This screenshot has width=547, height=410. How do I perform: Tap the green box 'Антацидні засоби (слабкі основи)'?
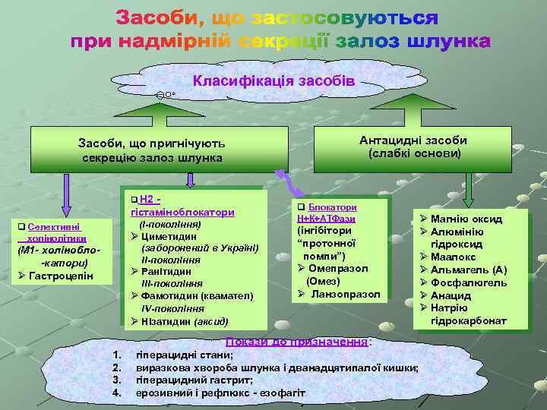(x=413, y=147)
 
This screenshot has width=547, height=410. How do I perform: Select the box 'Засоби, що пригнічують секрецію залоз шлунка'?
(x=152, y=150)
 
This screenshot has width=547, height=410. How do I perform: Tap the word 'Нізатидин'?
(x=165, y=320)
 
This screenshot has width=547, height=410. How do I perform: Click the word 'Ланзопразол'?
(x=346, y=294)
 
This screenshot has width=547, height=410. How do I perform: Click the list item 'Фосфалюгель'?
(x=468, y=282)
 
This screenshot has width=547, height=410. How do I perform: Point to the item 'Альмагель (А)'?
(x=468, y=270)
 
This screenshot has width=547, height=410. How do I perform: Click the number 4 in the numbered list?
(x=116, y=393)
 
